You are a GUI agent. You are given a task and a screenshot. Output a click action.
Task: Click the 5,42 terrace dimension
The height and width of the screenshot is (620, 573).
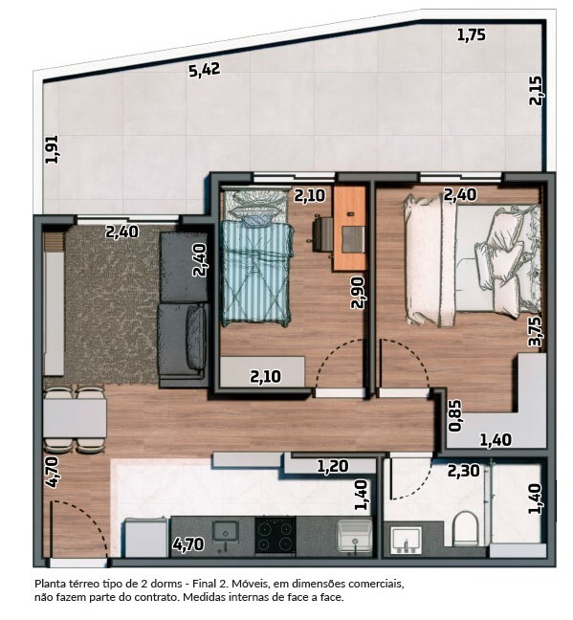pyautogui.click(x=204, y=70)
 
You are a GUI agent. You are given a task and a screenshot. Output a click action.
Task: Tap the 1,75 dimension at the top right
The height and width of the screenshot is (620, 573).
pyautogui.click(x=471, y=34)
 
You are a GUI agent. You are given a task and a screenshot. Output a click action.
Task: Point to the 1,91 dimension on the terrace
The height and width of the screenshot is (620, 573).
pyautogui.click(x=52, y=149)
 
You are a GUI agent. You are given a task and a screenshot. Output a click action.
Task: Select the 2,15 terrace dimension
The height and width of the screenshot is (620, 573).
pyautogui.click(x=536, y=91)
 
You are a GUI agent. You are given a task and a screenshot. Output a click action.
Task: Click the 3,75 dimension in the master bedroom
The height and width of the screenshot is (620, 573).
pyautogui.click(x=536, y=332)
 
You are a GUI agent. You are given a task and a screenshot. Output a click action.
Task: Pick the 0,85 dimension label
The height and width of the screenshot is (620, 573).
pyautogui.click(x=454, y=415)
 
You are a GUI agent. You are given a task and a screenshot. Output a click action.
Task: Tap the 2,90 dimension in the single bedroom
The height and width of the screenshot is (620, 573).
pyautogui.click(x=357, y=292)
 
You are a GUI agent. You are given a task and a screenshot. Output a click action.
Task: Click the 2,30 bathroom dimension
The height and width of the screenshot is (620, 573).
pyautogui.click(x=463, y=471)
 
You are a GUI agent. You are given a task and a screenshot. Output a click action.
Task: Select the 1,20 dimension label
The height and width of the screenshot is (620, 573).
pyautogui.click(x=333, y=466)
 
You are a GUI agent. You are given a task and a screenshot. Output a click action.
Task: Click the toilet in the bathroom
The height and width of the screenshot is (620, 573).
pyautogui.click(x=466, y=528)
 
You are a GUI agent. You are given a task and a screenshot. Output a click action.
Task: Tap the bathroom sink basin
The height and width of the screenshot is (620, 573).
pyautogui.click(x=406, y=540)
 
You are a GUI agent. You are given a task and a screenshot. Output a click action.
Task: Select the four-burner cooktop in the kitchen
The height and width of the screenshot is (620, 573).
pyautogui.click(x=275, y=535)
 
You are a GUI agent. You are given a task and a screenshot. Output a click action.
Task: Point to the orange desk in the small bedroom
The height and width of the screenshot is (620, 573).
pyautogui.click(x=349, y=228)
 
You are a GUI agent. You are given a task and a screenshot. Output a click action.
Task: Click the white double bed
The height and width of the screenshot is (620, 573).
pyautogui.click(x=472, y=261)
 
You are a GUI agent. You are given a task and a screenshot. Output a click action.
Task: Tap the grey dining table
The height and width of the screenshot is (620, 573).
pyautogui.click(x=75, y=418)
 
